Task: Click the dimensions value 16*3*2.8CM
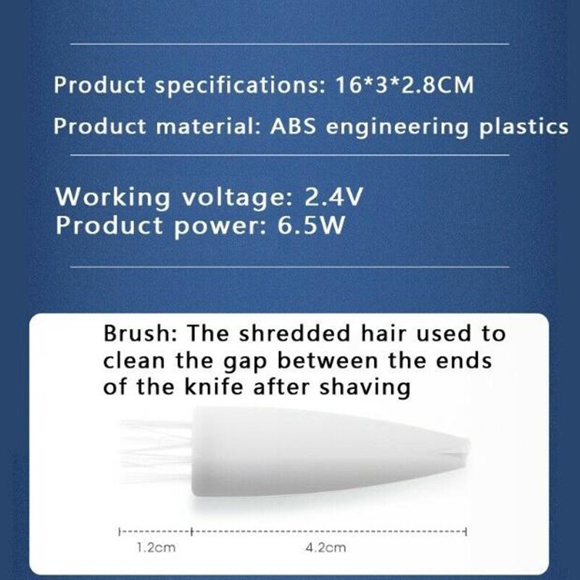[404, 85]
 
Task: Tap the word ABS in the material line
[294, 126]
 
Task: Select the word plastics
[523, 128]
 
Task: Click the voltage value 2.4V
[333, 196]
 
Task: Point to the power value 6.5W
[311, 225]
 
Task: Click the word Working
[113, 198]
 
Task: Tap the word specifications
[239, 86]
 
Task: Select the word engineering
[397, 128]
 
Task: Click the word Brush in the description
[141, 333]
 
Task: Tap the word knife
[214, 386]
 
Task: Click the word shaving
[365, 388]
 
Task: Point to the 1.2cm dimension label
[156, 547]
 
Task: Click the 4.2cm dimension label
[326, 547]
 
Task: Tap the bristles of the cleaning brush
[156, 451]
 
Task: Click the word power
[220, 226]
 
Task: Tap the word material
[209, 126]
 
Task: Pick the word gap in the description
[245, 362]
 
